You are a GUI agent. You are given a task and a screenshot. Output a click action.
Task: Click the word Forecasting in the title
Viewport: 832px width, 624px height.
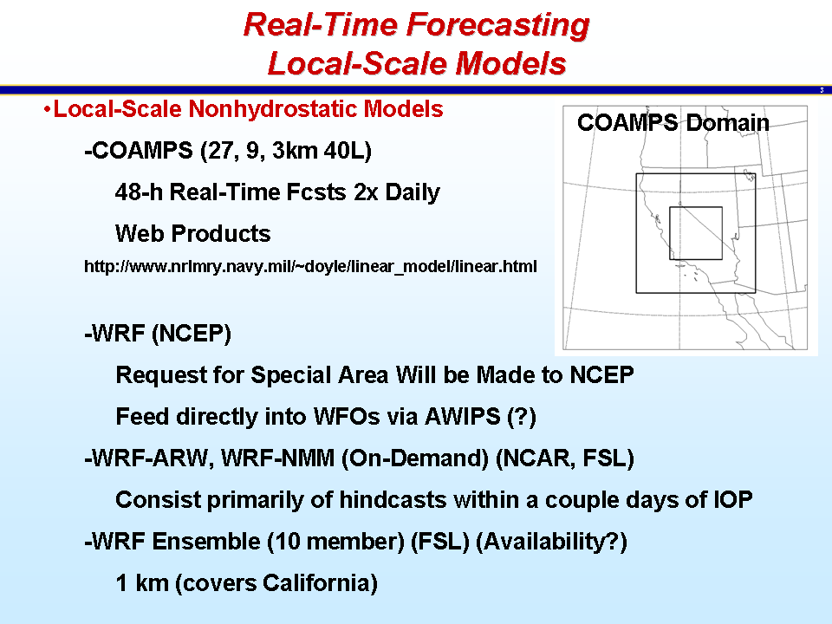[x=497, y=26]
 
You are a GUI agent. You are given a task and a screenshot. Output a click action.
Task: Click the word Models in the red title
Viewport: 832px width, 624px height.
[x=510, y=64]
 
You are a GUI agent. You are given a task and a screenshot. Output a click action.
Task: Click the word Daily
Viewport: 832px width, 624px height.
[x=413, y=193]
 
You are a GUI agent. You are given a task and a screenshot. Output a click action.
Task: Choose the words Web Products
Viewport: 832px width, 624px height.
[x=193, y=233]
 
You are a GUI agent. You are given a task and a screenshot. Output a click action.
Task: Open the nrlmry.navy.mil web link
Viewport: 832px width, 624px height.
[x=310, y=266]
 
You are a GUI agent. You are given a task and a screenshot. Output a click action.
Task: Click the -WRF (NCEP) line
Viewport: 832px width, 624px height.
[x=158, y=334]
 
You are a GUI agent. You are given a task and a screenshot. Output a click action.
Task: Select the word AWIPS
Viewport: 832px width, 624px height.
[x=462, y=417]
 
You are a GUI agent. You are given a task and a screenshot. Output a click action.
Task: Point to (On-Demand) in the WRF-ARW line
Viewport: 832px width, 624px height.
[x=415, y=458]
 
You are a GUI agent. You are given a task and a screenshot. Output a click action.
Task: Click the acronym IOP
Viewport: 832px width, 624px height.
[x=733, y=500]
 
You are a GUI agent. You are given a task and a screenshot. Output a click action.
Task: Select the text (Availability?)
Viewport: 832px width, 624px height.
[x=551, y=542]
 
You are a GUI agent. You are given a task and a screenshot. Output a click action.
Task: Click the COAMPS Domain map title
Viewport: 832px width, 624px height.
[x=673, y=123]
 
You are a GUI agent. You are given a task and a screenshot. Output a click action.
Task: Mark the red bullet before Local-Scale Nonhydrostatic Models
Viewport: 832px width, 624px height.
[x=47, y=110]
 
